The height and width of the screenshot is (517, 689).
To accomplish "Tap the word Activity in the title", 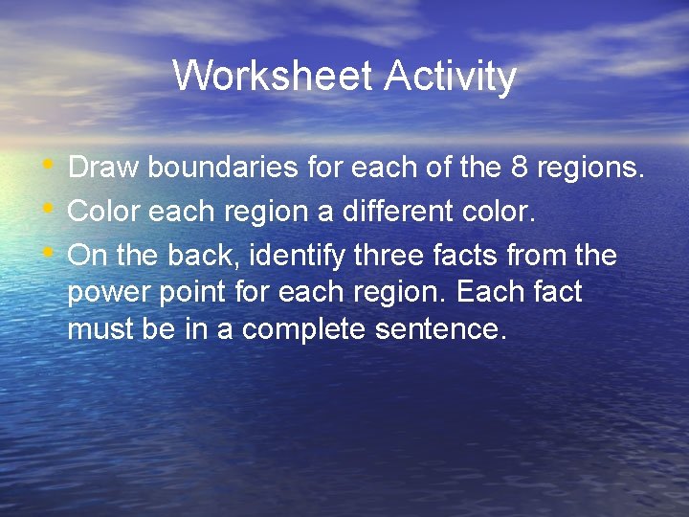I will (x=450, y=76).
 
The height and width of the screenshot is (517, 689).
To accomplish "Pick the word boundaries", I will (x=223, y=168).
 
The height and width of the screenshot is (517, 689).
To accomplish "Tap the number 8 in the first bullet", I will (x=519, y=168).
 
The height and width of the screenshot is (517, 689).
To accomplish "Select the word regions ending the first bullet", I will (x=589, y=169).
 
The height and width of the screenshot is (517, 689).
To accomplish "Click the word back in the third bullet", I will (x=202, y=256).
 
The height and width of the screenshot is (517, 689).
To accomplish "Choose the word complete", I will (x=312, y=330).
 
